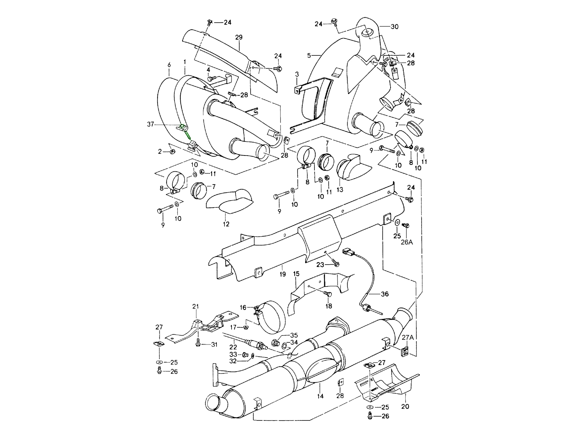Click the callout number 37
tap(150, 124)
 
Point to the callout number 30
tap(395, 26)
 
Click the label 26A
tap(406, 242)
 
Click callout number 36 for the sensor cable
tap(385, 294)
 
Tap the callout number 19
tap(282, 274)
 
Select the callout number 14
tap(320, 396)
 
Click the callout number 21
tap(195, 306)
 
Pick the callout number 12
tap(226, 224)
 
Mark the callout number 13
tap(340, 189)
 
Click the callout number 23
tap(320, 265)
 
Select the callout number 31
tap(215, 345)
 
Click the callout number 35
tap(294, 335)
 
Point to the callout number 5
tap(309, 55)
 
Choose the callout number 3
tap(297, 74)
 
